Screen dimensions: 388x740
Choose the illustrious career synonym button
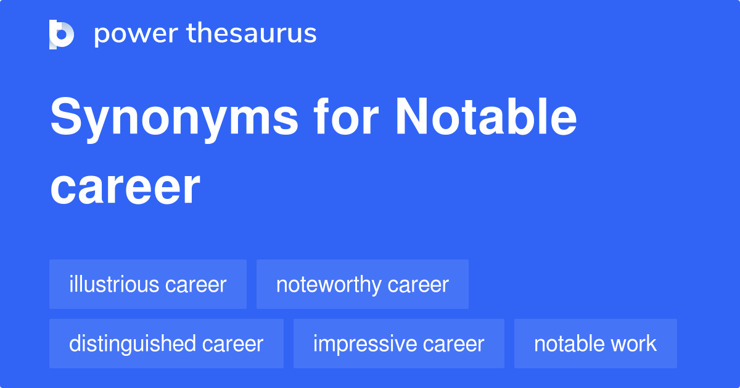(x=148, y=285)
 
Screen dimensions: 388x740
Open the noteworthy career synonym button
(x=363, y=285)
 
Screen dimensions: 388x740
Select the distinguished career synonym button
(x=166, y=344)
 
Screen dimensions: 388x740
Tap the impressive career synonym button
(x=398, y=344)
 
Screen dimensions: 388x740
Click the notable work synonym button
(x=595, y=344)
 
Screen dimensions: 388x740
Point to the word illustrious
(x=114, y=285)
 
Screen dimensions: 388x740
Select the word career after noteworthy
(x=418, y=285)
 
